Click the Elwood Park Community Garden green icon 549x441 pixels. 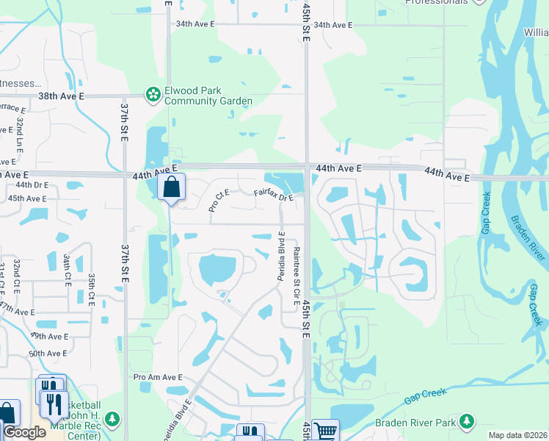click(153, 94)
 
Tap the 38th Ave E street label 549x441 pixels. click(62, 96)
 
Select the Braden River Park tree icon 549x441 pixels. click(466, 422)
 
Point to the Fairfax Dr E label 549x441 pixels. click(274, 195)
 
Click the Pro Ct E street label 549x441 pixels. click(219, 200)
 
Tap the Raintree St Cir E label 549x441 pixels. click(297, 276)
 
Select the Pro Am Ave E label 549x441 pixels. click(158, 377)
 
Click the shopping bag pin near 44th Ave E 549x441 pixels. click(171, 188)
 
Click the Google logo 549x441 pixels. click(24, 432)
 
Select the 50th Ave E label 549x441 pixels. click(48, 354)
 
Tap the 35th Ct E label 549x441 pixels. click(91, 290)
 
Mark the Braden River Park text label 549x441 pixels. click(416, 423)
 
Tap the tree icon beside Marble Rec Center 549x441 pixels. click(112, 420)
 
